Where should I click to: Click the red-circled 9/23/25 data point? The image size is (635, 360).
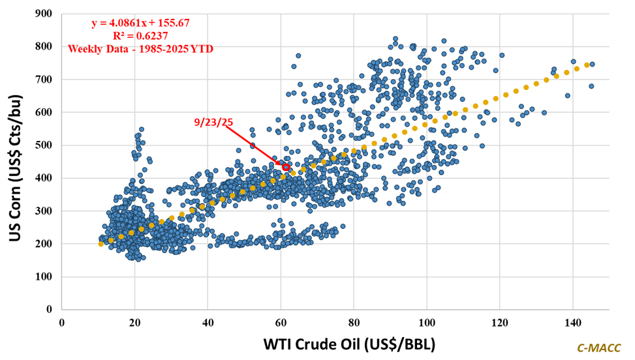coord(286,168)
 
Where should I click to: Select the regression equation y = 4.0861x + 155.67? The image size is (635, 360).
coord(140,23)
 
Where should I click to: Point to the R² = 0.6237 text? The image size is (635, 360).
coord(140,35)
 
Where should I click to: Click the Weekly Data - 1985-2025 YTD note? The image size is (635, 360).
coord(140,48)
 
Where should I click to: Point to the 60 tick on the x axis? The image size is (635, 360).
coord(281,322)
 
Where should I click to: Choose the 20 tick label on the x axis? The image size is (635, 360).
coord(134,322)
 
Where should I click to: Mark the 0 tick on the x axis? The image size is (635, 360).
coord(61,322)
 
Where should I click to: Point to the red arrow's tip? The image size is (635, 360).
coord(282,164)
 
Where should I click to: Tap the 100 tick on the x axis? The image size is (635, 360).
coord(427,322)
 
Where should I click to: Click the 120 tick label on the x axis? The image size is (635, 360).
coord(500,322)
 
